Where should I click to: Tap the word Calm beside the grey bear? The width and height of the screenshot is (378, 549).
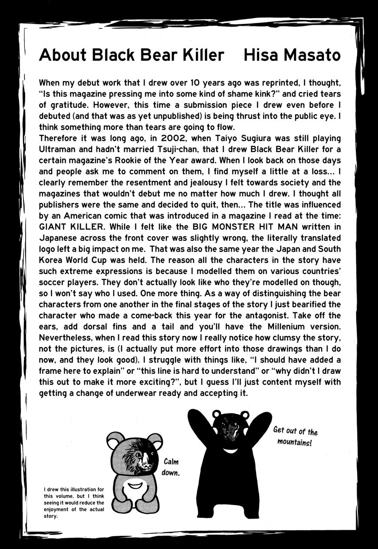click(171, 462)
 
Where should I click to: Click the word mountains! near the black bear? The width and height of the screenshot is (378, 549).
click(294, 443)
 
